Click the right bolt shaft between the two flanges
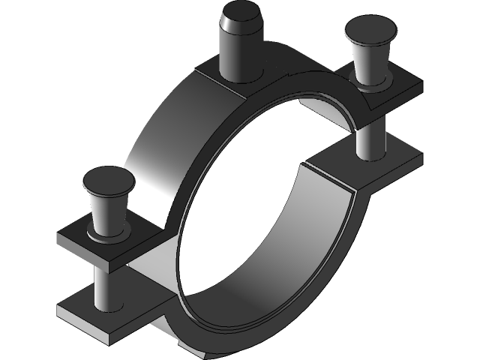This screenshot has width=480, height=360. pos(369,139)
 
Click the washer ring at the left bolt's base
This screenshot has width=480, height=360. pos(109,235)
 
